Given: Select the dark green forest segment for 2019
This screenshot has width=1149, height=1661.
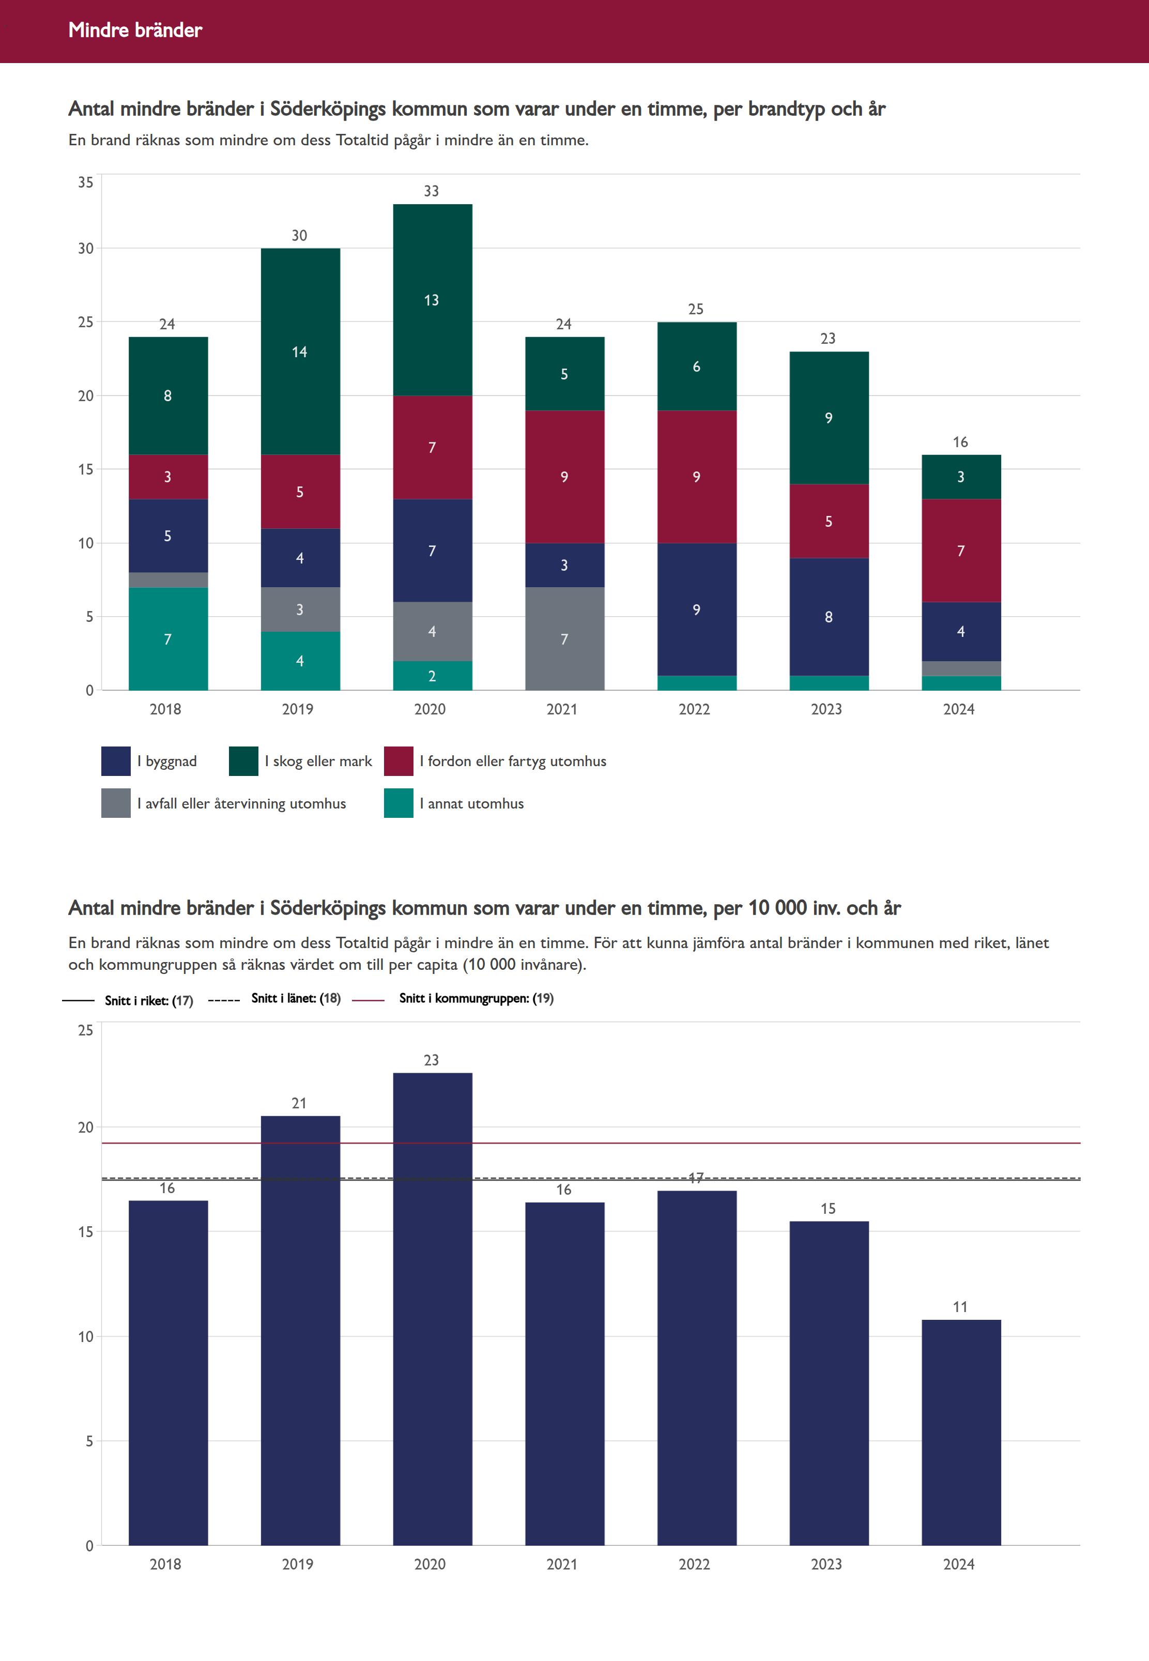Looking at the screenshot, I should pyautogui.click(x=300, y=352).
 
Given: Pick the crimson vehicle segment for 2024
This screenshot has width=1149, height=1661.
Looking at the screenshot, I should pyautogui.click(x=960, y=550).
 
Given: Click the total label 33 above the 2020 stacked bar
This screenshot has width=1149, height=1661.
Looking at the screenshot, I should pyautogui.click(x=431, y=191).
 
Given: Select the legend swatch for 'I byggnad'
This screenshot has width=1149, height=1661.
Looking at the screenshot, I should pyautogui.click(x=116, y=761).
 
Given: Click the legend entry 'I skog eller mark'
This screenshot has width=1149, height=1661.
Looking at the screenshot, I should pyautogui.click(x=318, y=761).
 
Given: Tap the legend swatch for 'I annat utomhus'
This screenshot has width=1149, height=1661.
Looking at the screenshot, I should pyautogui.click(x=398, y=803).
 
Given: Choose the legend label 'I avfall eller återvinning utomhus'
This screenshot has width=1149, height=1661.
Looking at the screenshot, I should pyautogui.click(x=241, y=803).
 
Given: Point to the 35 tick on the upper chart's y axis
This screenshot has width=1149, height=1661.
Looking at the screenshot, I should pyautogui.click(x=86, y=182).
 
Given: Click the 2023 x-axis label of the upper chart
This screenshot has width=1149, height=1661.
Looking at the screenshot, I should pyautogui.click(x=826, y=709).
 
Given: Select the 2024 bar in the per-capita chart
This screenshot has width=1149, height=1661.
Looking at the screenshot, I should pyautogui.click(x=960, y=1433).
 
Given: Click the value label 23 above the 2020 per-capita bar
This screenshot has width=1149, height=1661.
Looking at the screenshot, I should pyautogui.click(x=431, y=1060).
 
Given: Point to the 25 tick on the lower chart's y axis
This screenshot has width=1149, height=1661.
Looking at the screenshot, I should pyautogui.click(x=86, y=1030).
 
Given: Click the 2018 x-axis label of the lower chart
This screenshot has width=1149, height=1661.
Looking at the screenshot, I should pyautogui.click(x=165, y=1564).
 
